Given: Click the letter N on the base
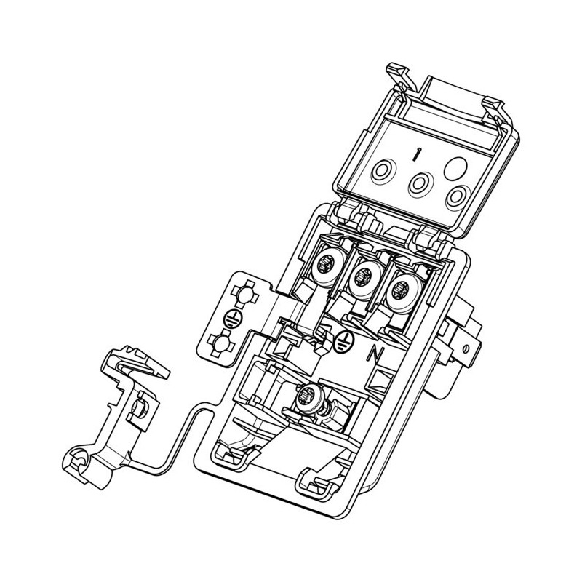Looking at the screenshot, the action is coord(372,355).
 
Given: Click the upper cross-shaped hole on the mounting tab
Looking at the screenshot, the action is coord(244,295).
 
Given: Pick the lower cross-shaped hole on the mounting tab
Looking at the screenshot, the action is coord(221,343).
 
